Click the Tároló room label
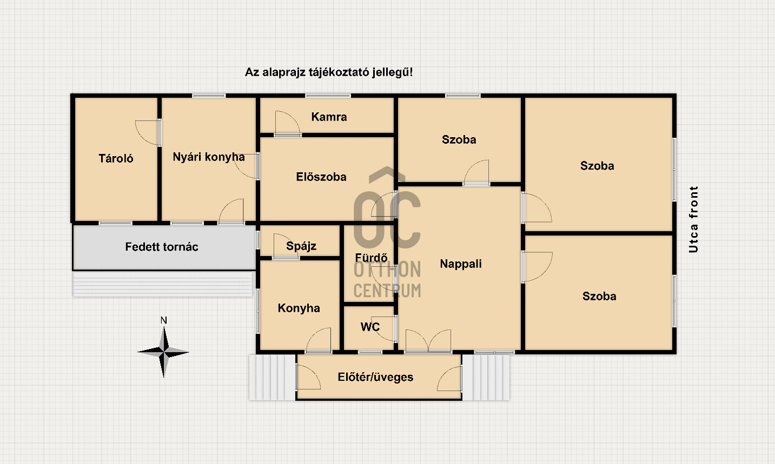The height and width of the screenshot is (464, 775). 116,158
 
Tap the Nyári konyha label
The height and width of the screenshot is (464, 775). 209,157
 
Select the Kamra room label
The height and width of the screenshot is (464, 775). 329,117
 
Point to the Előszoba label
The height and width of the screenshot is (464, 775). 321,177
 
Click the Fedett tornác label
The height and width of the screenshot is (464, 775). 162,247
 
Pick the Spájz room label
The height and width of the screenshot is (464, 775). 301,246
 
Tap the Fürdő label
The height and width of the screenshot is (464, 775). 371,258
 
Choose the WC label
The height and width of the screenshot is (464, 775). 370,327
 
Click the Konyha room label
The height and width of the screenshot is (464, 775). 299,308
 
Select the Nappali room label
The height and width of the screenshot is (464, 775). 461,264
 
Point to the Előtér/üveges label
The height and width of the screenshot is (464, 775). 375,377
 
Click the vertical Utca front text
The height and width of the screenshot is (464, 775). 693,220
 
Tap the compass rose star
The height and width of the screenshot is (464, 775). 164,352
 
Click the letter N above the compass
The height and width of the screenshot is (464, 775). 164,320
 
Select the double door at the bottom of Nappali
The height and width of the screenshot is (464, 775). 428,341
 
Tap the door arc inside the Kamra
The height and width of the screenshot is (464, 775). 288,123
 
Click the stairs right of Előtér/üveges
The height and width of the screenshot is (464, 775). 486,378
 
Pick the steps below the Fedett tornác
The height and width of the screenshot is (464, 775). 163,284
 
